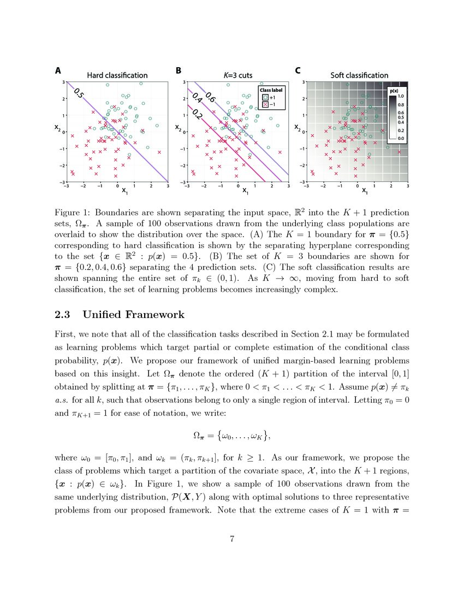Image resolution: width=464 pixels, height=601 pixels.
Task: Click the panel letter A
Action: click(x=57, y=70)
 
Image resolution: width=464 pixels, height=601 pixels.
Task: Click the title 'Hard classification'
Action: click(x=117, y=75)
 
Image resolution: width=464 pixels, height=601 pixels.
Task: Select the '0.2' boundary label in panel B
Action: click(x=198, y=115)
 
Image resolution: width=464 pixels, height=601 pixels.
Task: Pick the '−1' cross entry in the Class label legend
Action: click(x=269, y=103)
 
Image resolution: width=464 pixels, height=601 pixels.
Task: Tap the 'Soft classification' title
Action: click(x=359, y=75)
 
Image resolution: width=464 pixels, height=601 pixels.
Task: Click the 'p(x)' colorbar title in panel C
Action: click(x=395, y=89)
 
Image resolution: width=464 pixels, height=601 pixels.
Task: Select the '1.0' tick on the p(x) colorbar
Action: click(x=401, y=96)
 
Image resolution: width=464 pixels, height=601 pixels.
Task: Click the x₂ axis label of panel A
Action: click(x=56, y=128)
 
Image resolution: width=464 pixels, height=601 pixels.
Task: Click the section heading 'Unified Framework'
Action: click(x=134, y=315)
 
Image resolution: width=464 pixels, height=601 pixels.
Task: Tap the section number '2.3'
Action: click(x=64, y=315)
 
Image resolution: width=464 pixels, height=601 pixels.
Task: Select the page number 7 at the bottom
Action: click(x=232, y=539)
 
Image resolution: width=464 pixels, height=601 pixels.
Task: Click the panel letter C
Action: click(x=298, y=70)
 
